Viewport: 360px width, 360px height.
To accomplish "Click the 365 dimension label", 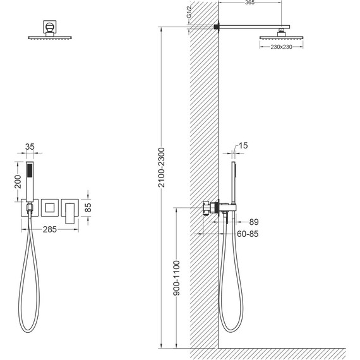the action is (x=250, y=3).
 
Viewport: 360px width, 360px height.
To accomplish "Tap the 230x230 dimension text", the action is (x=281, y=47).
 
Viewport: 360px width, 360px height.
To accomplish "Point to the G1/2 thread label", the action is (x=189, y=13).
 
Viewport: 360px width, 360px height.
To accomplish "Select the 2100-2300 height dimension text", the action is (x=162, y=167).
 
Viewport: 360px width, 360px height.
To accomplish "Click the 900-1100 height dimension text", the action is (x=177, y=278).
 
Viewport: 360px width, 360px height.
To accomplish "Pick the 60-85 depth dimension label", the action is (x=248, y=234).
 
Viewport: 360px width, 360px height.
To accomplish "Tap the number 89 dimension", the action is (x=254, y=222).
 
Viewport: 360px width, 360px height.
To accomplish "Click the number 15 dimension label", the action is (x=243, y=145).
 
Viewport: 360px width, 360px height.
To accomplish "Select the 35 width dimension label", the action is (x=30, y=147).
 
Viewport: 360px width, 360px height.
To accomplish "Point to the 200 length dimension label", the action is (x=18, y=182).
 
